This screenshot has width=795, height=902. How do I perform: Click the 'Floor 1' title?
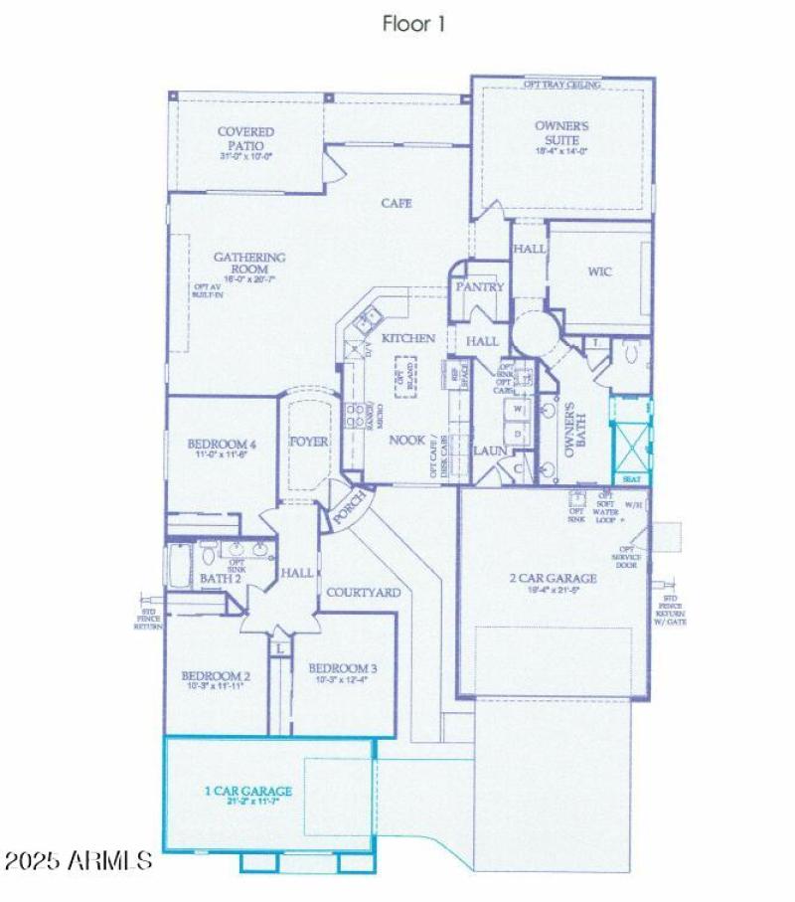[413, 24]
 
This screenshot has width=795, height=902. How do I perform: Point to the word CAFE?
[397, 203]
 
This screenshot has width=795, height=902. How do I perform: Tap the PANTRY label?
[480, 287]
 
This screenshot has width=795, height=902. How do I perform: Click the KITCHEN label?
[408, 338]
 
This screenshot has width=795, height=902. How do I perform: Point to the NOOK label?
[406, 440]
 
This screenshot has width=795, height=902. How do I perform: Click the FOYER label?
[308, 441]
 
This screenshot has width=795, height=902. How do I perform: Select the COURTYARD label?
[364, 593]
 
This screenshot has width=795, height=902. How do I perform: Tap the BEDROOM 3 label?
[342, 667]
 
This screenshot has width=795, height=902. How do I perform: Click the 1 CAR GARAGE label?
[248, 792]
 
